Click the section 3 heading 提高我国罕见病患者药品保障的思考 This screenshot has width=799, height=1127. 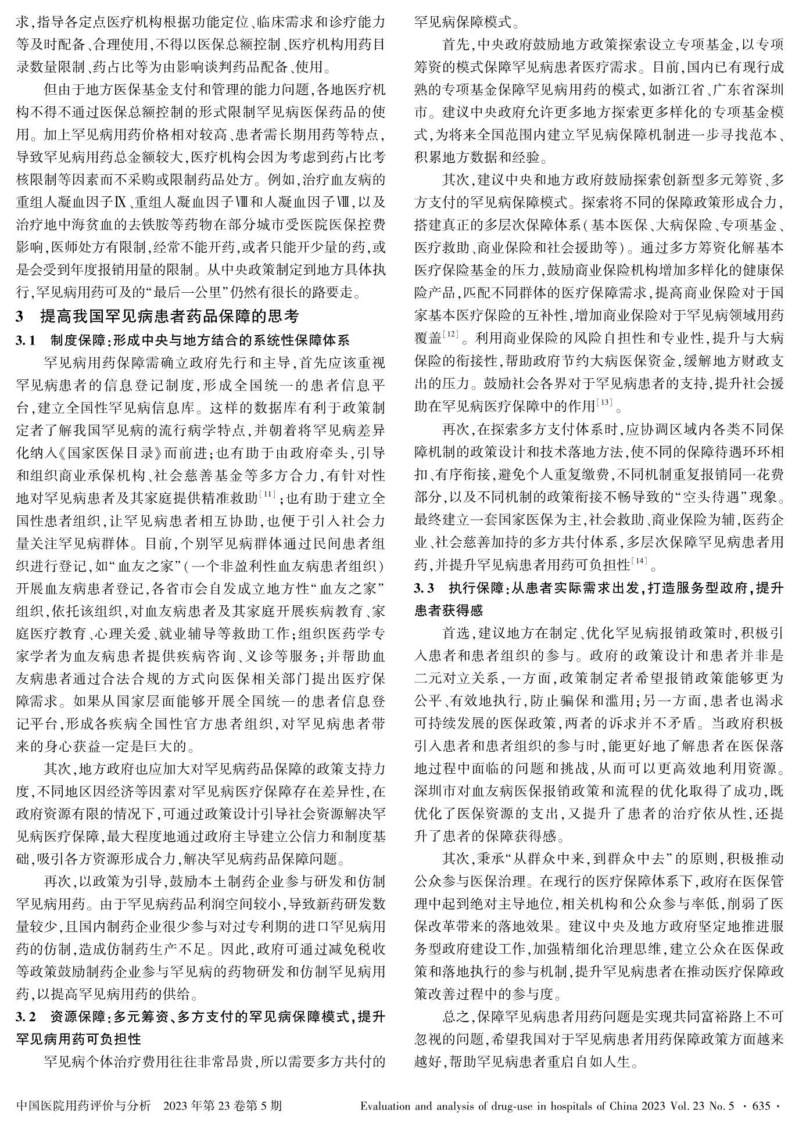point(169,317)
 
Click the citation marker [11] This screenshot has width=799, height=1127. point(268,494)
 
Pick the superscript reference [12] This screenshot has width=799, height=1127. point(451,333)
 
